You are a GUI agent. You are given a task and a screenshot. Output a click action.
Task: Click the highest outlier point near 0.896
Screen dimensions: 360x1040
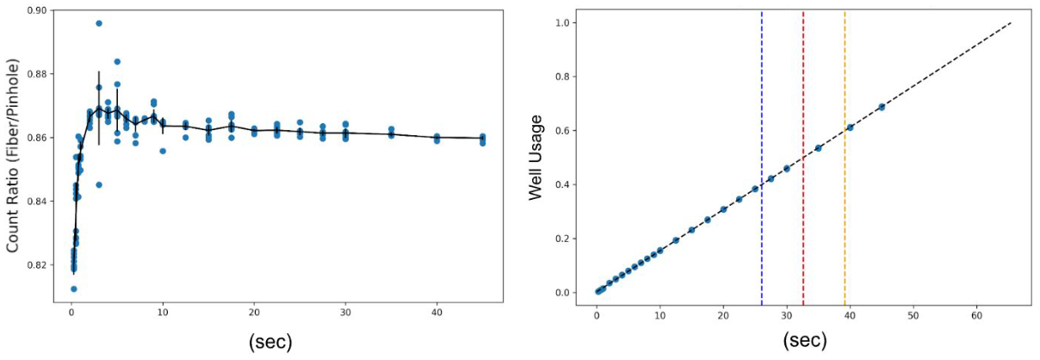click(x=99, y=23)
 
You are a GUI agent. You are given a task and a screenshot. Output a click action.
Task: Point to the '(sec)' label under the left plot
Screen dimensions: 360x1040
click(x=270, y=341)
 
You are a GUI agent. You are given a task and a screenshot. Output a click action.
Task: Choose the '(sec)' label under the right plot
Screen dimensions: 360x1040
click(x=805, y=341)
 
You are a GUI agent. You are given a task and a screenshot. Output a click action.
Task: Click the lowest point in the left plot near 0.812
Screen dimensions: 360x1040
click(x=73, y=289)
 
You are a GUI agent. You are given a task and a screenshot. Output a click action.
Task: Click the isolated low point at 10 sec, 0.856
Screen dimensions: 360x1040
click(x=163, y=151)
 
